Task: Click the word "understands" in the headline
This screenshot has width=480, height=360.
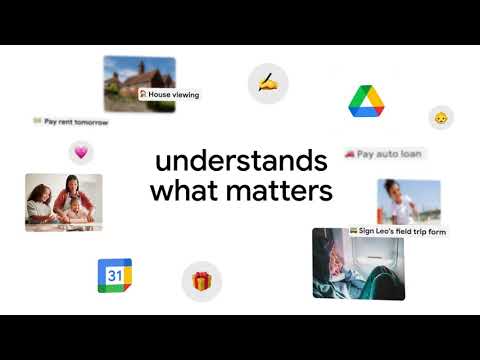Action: point(241,161)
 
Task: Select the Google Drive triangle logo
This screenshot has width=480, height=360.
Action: point(367,101)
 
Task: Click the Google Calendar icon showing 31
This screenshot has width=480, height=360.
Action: point(114,275)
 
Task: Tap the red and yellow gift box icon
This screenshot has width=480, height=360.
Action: point(201,281)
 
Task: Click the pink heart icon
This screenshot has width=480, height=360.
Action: point(80,152)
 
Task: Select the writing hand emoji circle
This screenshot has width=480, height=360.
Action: point(267,83)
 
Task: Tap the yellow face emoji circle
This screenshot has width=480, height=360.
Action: point(439,118)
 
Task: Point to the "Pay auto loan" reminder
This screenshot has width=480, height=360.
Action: point(384,154)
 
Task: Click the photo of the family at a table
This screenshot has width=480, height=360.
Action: point(63,202)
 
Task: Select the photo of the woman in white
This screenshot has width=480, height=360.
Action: point(408,200)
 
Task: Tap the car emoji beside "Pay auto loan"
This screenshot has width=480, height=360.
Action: point(350,154)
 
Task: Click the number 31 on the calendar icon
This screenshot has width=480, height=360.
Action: point(114,276)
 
